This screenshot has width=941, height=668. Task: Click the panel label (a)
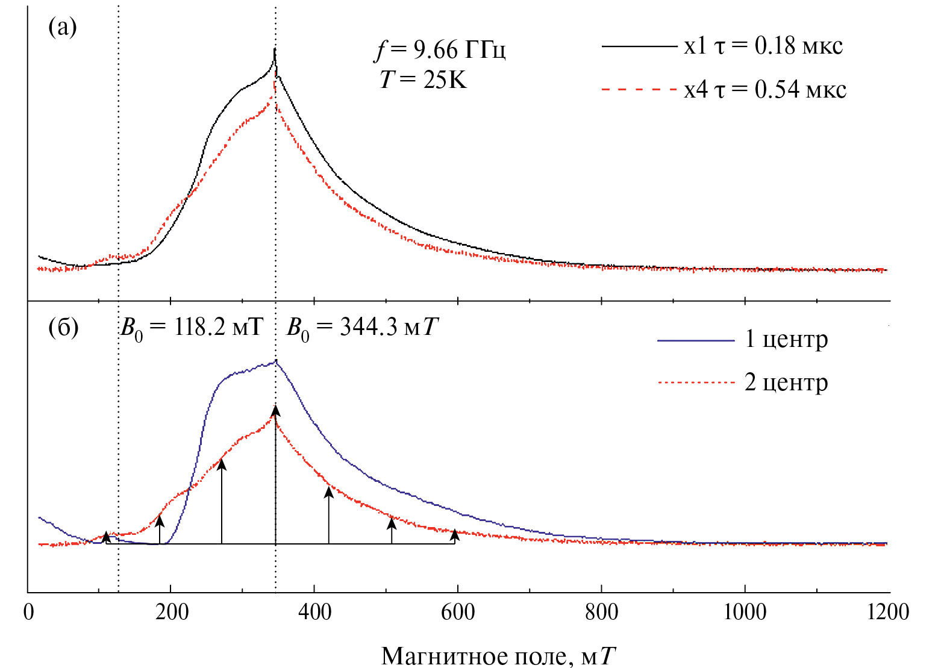click(x=62, y=27)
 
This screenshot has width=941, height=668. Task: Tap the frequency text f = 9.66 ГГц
click(x=440, y=50)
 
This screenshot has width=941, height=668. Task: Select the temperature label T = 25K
click(x=423, y=79)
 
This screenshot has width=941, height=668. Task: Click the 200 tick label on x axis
click(x=171, y=613)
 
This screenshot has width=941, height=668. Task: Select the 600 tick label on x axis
click(x=458, y=613)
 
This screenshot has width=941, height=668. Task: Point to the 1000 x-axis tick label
click(x=745, y=613)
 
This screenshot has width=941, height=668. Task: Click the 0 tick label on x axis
click(x=28, y=613)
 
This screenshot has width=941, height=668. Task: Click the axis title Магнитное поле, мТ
click(x=499, y=655)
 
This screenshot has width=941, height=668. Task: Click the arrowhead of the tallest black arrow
click(x=275, y=411)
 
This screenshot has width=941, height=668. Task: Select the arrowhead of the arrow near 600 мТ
click(x=455, y=534)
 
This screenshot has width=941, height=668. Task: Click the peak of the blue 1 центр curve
click(x=276, y=361)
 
